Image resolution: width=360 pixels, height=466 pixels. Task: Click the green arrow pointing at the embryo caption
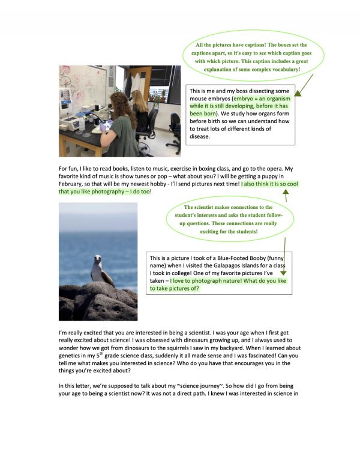[304, 87]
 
